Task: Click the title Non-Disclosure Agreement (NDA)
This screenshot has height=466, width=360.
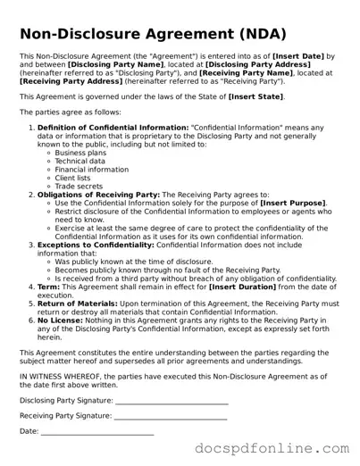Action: [152, 35]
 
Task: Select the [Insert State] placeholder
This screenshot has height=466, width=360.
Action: [255, 96]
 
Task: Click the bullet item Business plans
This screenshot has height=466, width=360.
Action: [81, 153]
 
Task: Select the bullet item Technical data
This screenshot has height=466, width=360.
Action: [81, 161]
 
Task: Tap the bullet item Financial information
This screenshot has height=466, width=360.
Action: [91, 170]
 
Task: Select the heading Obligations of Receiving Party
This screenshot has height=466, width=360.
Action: [98, 194]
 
